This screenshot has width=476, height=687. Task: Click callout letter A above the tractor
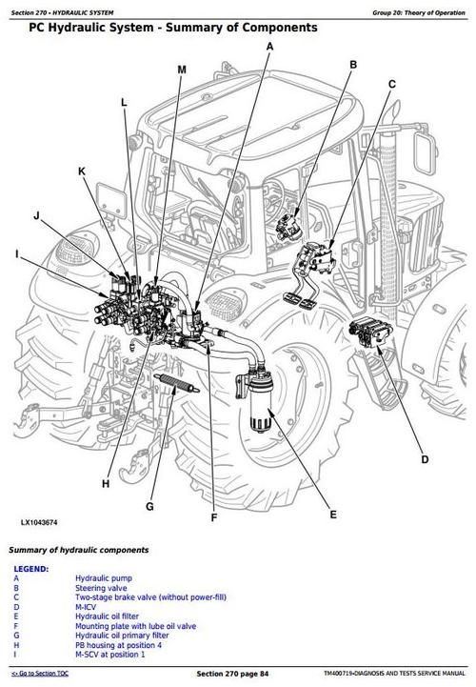pyautogui.click(x=269, y=46)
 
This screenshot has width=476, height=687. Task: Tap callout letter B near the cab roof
pyautogui.click(x=352, y=65)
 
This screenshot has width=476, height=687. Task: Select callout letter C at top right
pyautogui.click(x=391, y=85)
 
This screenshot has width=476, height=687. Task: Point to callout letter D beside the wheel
pyautogui.click(x=423, y=460)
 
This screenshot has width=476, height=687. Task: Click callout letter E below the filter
pyautogui.click(x=333, y=515)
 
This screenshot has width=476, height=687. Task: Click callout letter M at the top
pyautogui.click(x=182, y=70)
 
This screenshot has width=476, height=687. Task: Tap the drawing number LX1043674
pyautogui.click(x=40, y=523)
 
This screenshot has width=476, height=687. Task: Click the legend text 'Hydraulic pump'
pyautogui.click(x=104, y=578)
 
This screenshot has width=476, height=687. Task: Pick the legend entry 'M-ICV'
pyautogui.click(x=88, y=607)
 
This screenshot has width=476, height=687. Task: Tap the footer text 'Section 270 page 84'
pyautogui.click(x=238, y=674)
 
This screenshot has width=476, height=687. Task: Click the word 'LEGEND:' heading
pyautogui.click(x=30, y=568)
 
